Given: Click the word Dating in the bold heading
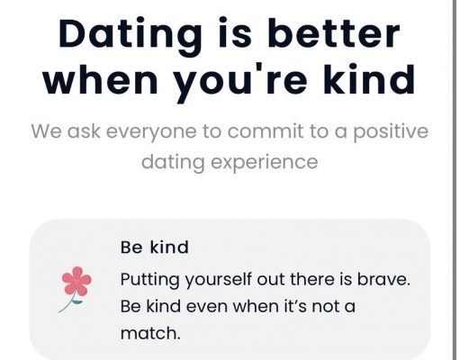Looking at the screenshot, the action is [x=131, y=35].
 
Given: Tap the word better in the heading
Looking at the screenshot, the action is [x=334, y=32].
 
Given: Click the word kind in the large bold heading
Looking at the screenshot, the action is [x=369, y=78].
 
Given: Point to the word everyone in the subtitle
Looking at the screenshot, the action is [x=151, y=132].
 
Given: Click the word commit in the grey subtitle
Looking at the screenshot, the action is [x=266, y=130].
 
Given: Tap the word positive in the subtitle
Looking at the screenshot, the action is [x=391, y=132].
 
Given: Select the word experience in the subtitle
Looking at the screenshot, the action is [x=265, y=163].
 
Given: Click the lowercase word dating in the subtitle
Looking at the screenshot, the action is [x=174, y=163].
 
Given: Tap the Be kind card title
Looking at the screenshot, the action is [x=155, y=247].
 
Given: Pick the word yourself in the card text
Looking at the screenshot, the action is [x=218, y=280].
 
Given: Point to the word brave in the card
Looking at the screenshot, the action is [x=383, y=279].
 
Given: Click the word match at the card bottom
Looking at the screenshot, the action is [x=150, y=333].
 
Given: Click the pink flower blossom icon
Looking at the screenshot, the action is [x=77, y=282].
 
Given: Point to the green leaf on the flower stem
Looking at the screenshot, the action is [x=77, y=301].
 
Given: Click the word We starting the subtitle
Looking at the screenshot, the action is [x=47, y=131].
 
